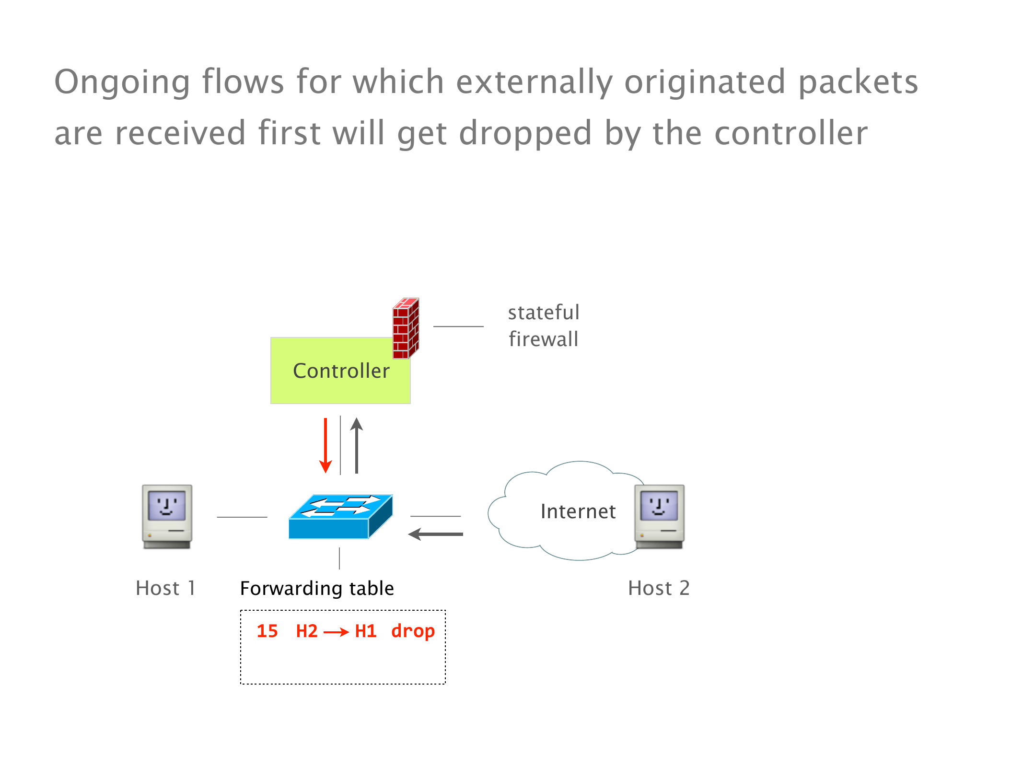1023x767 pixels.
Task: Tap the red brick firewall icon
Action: point(406,329)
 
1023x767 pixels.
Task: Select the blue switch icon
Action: point(340,517)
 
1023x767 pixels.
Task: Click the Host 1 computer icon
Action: point(167,516)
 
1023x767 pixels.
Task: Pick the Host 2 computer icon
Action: point(659,516)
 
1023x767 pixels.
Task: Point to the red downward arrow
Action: point(325,446)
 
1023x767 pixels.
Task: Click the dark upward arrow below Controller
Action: point(357,446)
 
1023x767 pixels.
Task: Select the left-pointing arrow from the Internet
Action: point(435,534)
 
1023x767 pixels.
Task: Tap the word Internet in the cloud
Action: point(578,511)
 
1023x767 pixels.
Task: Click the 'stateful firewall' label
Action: point(544,326)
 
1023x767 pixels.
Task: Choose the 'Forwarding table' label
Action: point(317,588)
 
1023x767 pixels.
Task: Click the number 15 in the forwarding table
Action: point(267,631)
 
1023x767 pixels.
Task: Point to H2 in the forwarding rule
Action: point(307,631)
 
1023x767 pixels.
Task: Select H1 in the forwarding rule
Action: point(366,631)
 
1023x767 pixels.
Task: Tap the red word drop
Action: point(413,632)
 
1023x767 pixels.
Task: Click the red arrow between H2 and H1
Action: point(336,632)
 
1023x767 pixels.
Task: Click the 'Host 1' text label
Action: point(165,588)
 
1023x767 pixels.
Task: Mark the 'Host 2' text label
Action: point(659,588)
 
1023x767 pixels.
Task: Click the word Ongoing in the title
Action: point(122,82)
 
